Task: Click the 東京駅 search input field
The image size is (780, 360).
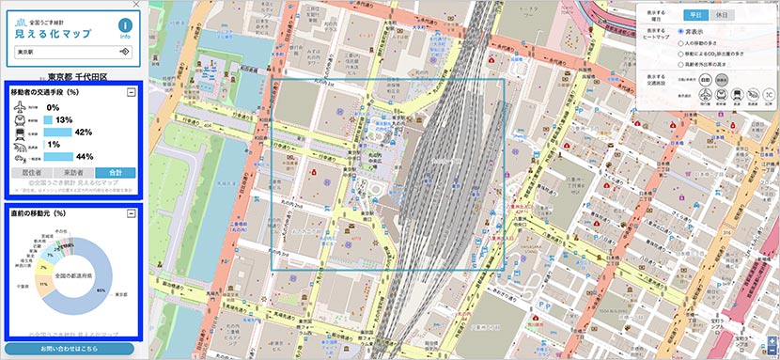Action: pos(66,52)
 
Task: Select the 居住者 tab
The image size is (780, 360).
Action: pos(30,173)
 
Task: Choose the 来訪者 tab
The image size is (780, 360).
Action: pos(72,173)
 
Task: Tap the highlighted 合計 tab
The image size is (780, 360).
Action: pos(116,173)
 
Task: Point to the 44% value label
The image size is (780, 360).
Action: pos(84,156)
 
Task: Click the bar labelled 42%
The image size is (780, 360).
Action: pos(56,132)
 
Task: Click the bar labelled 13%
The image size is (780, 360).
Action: pos(47,120)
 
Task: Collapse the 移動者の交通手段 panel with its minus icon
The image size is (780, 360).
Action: pos(132,92)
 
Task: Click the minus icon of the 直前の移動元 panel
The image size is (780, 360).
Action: pos(132,214)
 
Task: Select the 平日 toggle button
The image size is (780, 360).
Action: pos(694,16)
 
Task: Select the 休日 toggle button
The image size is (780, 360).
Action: pos(723,16)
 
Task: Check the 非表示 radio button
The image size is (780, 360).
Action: pos(680,31)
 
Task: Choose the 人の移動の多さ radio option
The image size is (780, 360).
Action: pos(680,42)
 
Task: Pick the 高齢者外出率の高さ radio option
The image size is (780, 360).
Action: pos(680,66)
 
